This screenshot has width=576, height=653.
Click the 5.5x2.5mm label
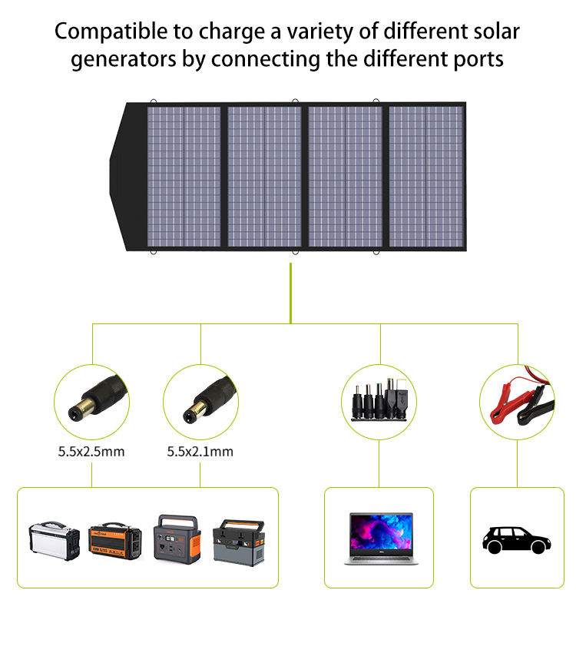pyautogui.click(x=91, y=452)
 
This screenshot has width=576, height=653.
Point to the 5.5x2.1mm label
pyautogui.click(x=200, y=452)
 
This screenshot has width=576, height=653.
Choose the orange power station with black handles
pyautogui.click(x=116, y=540)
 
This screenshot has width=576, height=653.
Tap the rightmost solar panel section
pyautogui.click(x=425, y=177)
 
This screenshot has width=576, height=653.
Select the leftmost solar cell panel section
pyautogui.click(x=184, y=177)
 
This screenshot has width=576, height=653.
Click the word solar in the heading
pyautogui.click(x=492, y=32)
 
